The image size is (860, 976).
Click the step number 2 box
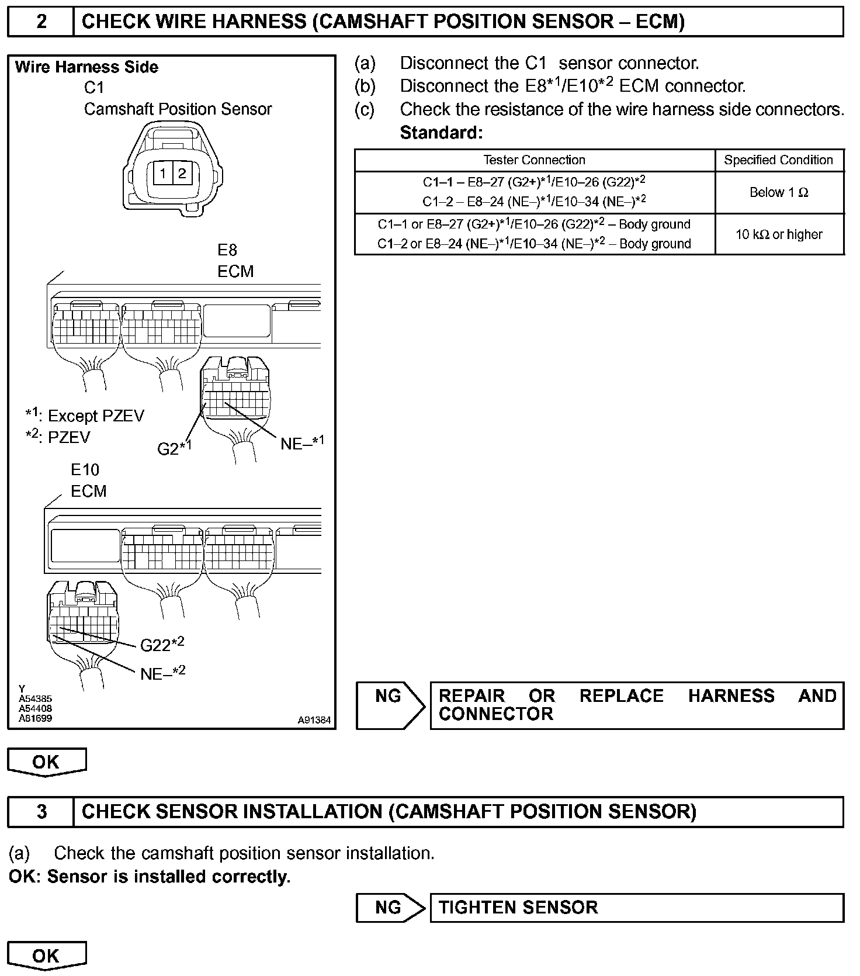point(41,22)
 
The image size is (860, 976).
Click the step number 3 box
point(41,812)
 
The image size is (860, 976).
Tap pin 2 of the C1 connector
point(182,173)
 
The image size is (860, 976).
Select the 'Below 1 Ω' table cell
point(779,192)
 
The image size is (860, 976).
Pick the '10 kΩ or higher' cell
point(779,234)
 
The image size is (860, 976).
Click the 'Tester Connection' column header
point(534,160)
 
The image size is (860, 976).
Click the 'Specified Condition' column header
point(779,160)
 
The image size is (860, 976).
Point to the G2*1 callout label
point(174,448)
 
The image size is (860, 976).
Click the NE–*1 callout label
point(301,442)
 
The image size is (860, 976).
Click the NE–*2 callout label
point(162,673)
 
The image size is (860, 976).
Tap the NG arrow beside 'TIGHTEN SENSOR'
point(390,908)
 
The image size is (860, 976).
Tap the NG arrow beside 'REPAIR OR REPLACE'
point(390,705)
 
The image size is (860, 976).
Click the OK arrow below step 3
point(46,956)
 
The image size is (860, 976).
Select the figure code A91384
point(314,720)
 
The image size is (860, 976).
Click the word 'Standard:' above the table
point(441,133)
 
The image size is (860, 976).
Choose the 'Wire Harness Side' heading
point(86,67)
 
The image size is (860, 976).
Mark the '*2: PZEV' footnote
point(58,437)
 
